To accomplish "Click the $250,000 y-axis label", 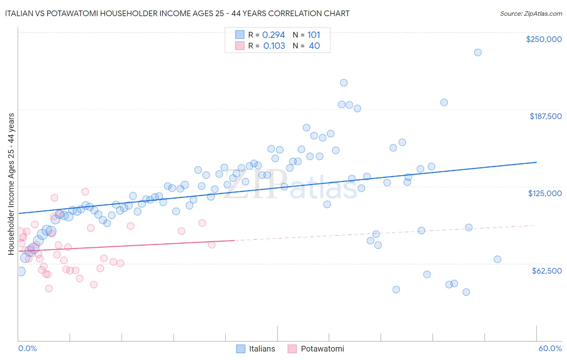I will click(544, 39).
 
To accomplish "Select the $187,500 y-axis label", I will click(545, 116).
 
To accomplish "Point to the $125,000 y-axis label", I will click(545, 193).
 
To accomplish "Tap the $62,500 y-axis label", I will click(546, 271).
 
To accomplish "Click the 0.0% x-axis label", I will click(27, 348).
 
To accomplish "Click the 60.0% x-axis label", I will click(550, 348).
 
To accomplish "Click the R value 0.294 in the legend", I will click(273, 35).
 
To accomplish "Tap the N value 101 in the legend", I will click(314, 35).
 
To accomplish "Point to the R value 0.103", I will click(274, 46).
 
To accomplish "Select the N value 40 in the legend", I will click(314, 46).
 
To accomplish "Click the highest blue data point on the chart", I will click(477, 52).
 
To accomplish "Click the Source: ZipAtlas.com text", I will click(531, 13).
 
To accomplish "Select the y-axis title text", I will click(11, 184).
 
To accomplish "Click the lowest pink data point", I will click(49, 289).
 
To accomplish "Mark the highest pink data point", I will click(85, 192).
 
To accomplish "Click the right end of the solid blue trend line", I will click(536, 162).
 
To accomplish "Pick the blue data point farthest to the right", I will click(497, 260).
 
